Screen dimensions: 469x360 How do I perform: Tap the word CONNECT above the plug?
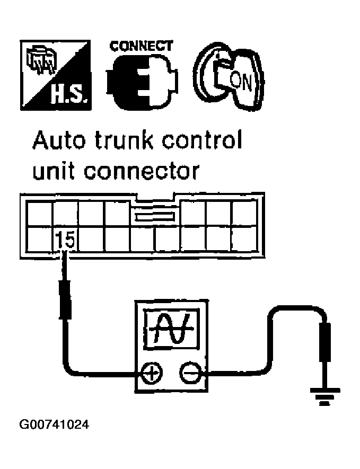(141, 46)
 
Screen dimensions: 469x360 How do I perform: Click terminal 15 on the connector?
(65, 242)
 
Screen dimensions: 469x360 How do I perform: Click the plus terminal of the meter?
(153, 374)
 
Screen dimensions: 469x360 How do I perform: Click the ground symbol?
(321, 396)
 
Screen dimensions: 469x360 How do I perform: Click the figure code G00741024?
(54, 424)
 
